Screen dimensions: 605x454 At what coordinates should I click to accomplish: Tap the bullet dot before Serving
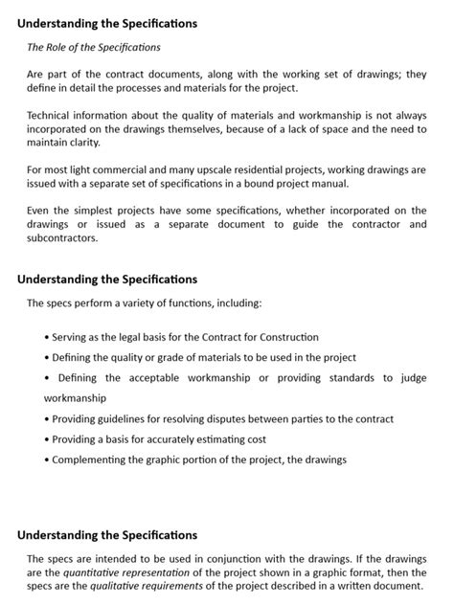47,338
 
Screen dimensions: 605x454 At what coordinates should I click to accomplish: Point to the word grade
170,357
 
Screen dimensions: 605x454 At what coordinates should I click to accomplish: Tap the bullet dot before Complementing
47,459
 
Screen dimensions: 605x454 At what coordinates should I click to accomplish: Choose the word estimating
215,439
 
